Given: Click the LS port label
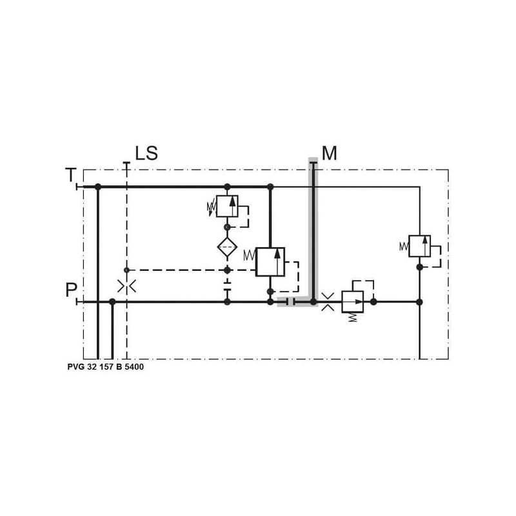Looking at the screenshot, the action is click(146, 154).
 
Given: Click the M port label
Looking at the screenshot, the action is click(330, 154).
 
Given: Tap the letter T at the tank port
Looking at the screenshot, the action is click(71, 175).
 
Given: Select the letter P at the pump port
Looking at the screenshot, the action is click(71, 290).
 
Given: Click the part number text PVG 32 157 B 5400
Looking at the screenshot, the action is click(106, 366).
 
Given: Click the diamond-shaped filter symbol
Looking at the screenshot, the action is click(227, 247).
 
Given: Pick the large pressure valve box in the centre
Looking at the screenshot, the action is click(270, 262).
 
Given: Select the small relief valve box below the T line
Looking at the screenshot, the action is click(227, 206).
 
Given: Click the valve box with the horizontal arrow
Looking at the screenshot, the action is click(352, 301).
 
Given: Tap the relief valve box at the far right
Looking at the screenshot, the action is click(420, 246).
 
